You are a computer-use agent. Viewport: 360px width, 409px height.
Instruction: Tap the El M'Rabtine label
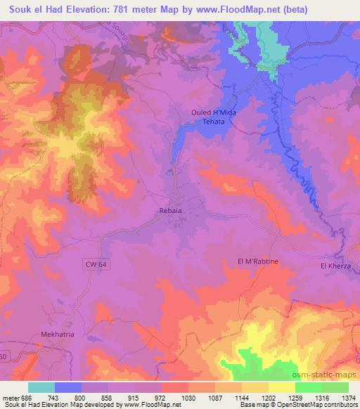pos(258,261)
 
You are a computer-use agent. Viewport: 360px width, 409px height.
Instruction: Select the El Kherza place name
pos(334,266)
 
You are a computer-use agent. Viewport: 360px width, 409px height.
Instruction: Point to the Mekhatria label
pos(57,316)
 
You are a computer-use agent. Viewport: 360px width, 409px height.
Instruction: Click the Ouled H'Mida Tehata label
pos(212,117)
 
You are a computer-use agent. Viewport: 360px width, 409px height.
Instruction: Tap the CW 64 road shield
pos(85,262)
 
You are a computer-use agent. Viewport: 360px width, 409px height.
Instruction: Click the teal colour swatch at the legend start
pos(41,387)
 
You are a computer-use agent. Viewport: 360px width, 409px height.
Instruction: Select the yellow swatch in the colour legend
pos(281,387)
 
